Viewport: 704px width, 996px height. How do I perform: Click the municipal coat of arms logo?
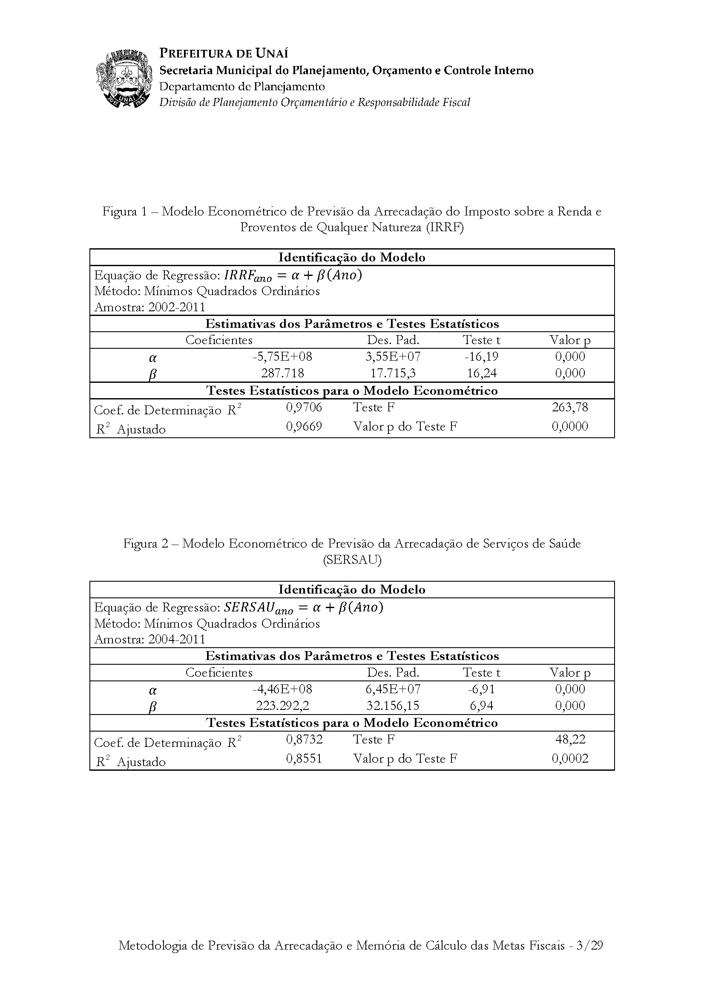pos(124,78)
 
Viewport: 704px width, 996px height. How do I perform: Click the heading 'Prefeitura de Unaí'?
pos(224,53)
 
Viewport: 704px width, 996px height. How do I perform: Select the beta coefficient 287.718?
pos(282,373)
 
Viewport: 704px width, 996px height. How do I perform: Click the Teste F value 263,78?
pos(569,408)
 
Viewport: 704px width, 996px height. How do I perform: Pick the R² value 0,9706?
pos(304,408)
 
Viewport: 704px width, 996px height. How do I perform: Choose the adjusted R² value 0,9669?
pos(304,426)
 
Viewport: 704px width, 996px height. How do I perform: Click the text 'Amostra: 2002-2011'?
pos(149,307)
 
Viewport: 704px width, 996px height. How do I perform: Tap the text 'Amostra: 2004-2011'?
pos(149,640)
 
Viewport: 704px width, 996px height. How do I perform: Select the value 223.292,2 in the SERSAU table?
pos(282,705)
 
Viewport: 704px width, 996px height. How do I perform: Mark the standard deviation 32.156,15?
pos(393,705)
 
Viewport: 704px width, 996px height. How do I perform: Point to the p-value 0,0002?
pos(569,758)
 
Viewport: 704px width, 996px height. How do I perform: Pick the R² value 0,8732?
pos(304,739)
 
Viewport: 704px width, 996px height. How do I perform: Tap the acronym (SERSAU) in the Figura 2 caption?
pos(352,560)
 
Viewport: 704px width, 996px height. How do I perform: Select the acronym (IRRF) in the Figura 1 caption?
pos(445,227)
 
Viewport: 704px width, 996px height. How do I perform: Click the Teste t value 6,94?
pos(482,705)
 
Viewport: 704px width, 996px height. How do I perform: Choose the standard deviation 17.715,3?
pos(393,373)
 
